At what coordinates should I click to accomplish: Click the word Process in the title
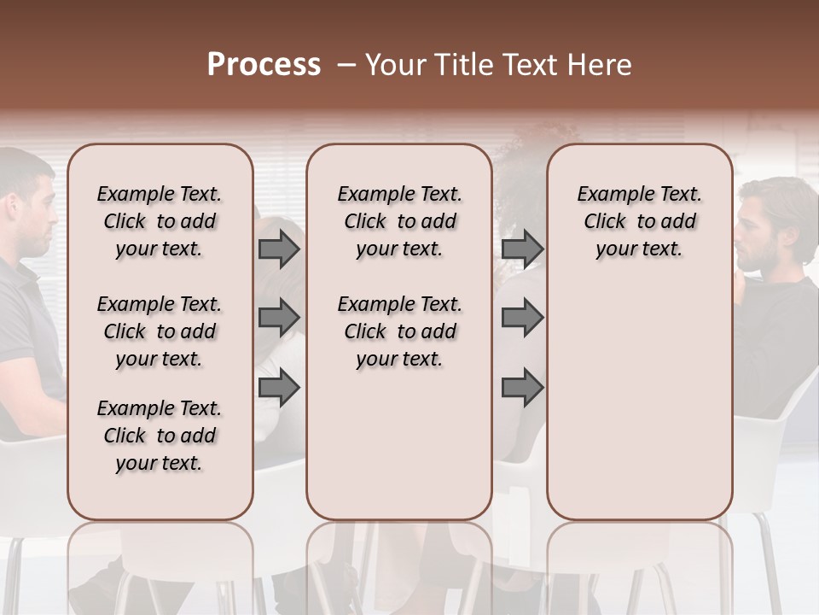coord(264,65)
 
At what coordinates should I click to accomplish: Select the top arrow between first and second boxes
coord(279,249)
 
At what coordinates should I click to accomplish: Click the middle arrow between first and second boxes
coord(279,318)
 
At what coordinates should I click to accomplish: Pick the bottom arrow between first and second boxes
coord(279,388)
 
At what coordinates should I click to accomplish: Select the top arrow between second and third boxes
coord(522,249)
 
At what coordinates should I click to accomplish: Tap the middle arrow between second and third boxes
coord(522,318)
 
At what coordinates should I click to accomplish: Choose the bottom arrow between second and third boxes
coord(522,388)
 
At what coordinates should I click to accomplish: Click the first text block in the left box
coord(160,221)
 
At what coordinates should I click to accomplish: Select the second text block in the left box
coord(160,331)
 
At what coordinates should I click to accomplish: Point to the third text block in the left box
coord(160,436)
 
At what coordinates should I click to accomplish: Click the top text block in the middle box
coord(399,221)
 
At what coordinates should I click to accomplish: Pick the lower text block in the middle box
coord(399,331)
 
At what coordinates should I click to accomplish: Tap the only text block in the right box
coord(639,221)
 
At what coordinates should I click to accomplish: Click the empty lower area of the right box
coord(639,401)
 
